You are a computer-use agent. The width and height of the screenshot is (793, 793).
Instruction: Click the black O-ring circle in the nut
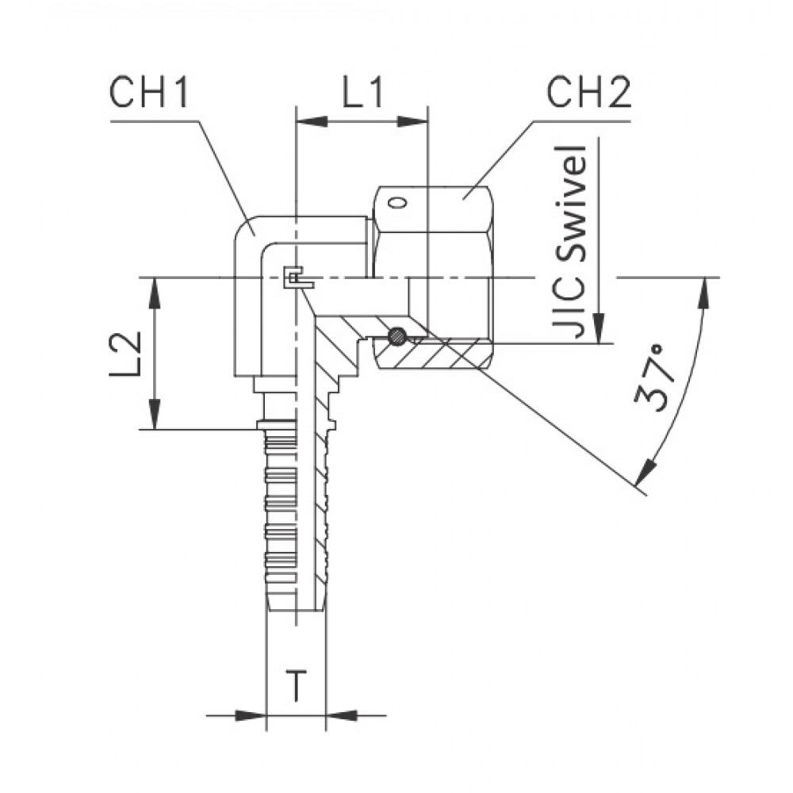pos(396,337)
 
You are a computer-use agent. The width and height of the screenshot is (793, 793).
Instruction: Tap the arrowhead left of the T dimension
pos(252,714)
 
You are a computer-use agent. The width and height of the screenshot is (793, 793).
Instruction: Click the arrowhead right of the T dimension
pos(339,714)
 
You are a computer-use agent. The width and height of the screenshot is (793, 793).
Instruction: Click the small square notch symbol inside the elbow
pos(293,277)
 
